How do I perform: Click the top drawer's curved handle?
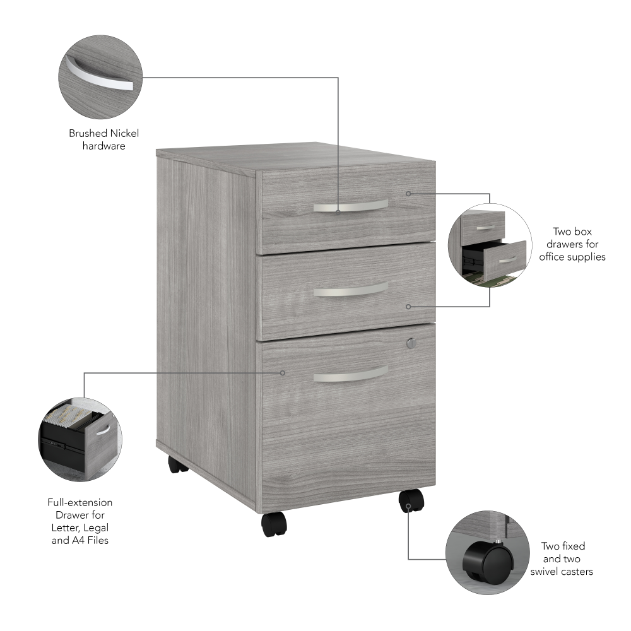(x=350, y=206)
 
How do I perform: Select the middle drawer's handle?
(x=350, y=290)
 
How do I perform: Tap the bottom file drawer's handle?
(x=350, y=374)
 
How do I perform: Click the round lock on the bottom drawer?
(x=411, y=343)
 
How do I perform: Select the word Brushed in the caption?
(x=88, y=133)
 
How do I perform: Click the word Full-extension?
(x=80, y=503)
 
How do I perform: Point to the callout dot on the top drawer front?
(x=408, y=194)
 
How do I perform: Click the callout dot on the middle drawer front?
(x=408, y=307)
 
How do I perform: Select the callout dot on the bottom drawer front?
(x=283, y=373)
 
